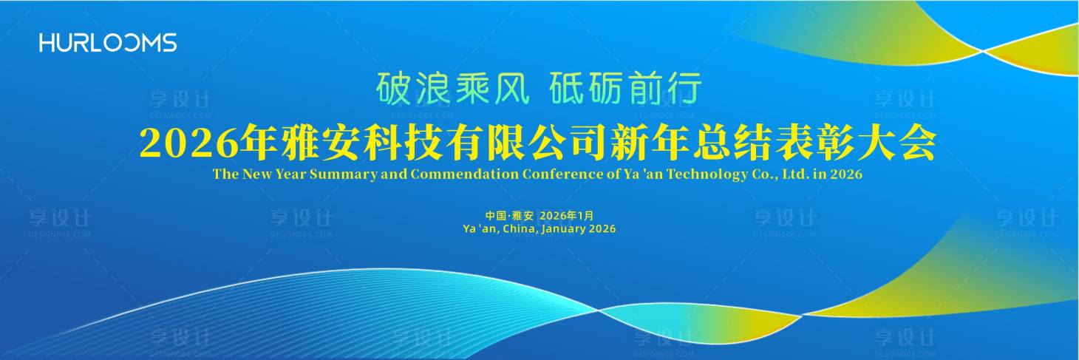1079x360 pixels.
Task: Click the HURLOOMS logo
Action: click(x=108, y=42)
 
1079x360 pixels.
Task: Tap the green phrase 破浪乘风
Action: click(x=452, y=89)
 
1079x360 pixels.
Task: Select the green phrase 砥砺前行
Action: click(x=625, y=89)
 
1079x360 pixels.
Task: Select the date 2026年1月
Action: click(x=567, y=215)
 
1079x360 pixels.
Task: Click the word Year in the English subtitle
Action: click(x=290, y=175)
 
